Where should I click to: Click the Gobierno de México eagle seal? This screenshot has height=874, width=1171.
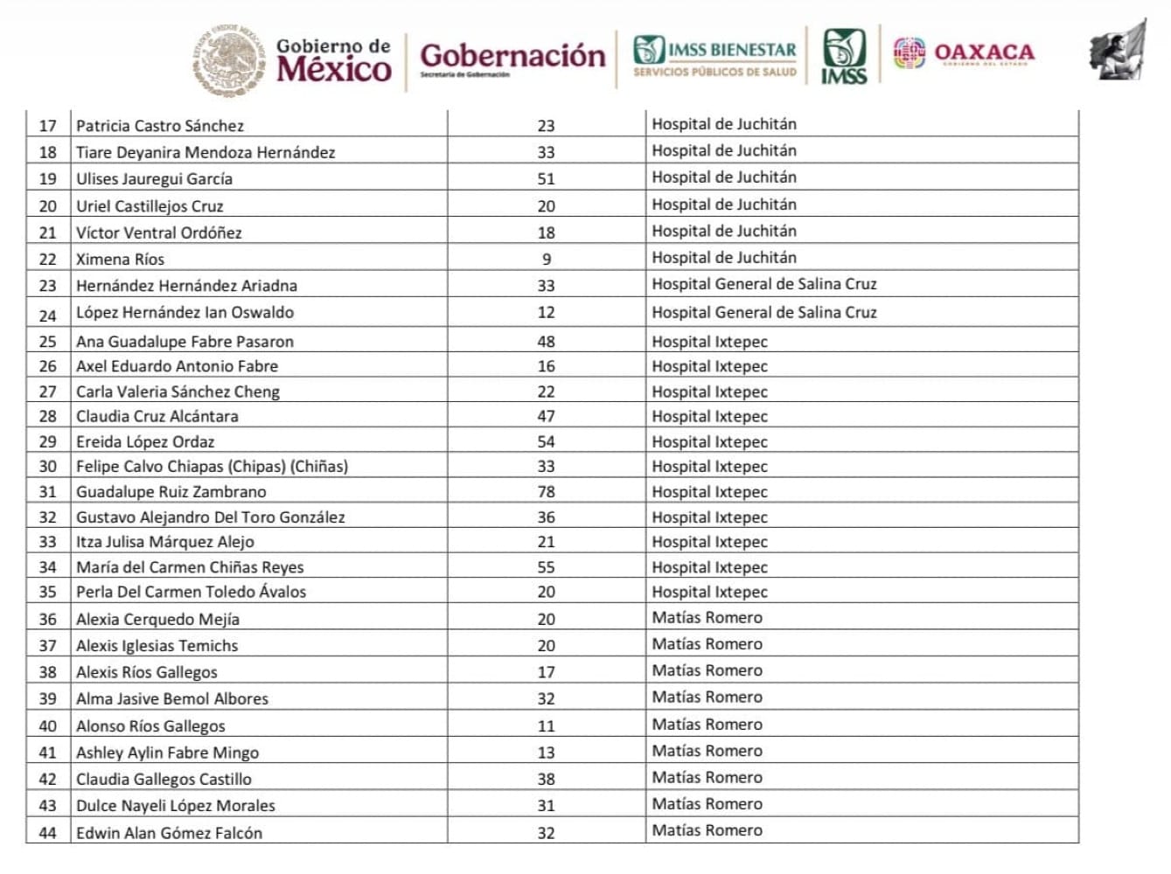pos(229,59)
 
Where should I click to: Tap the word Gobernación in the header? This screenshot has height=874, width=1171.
pos(512,56)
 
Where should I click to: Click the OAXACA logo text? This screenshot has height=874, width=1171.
pos(984,52)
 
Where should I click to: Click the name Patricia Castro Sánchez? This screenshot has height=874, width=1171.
pos(160,126)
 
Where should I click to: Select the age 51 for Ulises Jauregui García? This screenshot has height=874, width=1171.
pos(546,178)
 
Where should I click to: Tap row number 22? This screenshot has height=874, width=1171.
pos(47,260)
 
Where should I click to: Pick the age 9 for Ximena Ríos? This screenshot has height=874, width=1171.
pos(547,260)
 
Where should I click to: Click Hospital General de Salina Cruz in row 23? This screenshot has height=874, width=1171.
pos(763,284)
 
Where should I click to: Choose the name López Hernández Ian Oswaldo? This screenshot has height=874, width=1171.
pos(185,312)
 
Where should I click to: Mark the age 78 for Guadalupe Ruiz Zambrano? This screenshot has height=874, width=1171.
pos(546,492)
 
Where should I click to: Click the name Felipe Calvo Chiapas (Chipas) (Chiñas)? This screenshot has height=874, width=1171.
pos(212,467)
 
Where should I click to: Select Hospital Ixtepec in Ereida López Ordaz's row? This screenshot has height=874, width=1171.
pos(709,442)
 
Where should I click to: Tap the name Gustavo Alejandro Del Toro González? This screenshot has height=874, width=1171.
pos(210,517)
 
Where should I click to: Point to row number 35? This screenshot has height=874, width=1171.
pos(47,592)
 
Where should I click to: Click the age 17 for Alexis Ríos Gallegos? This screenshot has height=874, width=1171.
pos(546,672)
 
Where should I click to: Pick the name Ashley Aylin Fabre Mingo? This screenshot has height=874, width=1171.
pos(167,753)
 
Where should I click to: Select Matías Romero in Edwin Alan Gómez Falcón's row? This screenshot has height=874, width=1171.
pos(707,830)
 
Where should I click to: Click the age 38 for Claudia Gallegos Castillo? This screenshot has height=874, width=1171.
pos(546,779)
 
